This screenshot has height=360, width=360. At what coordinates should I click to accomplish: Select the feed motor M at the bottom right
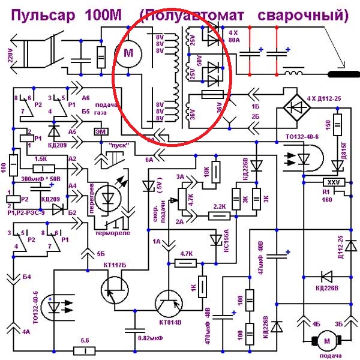pyautogui.click(x=328, y=341)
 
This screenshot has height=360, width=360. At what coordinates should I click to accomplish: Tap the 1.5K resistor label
pyautogui.click(x=41, y=158)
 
